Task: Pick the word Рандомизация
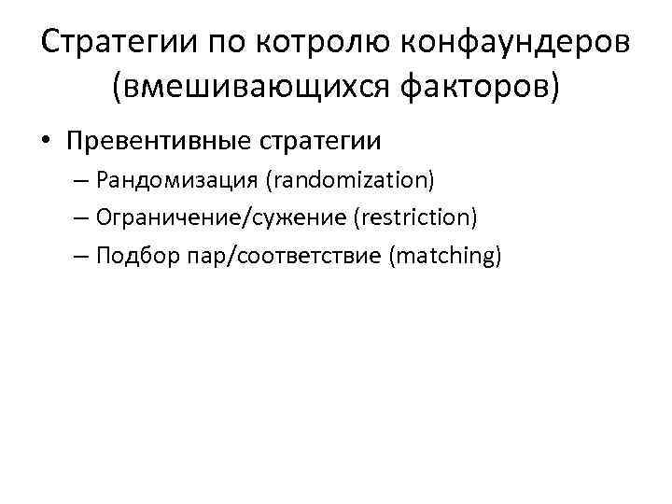coord(165,180)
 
